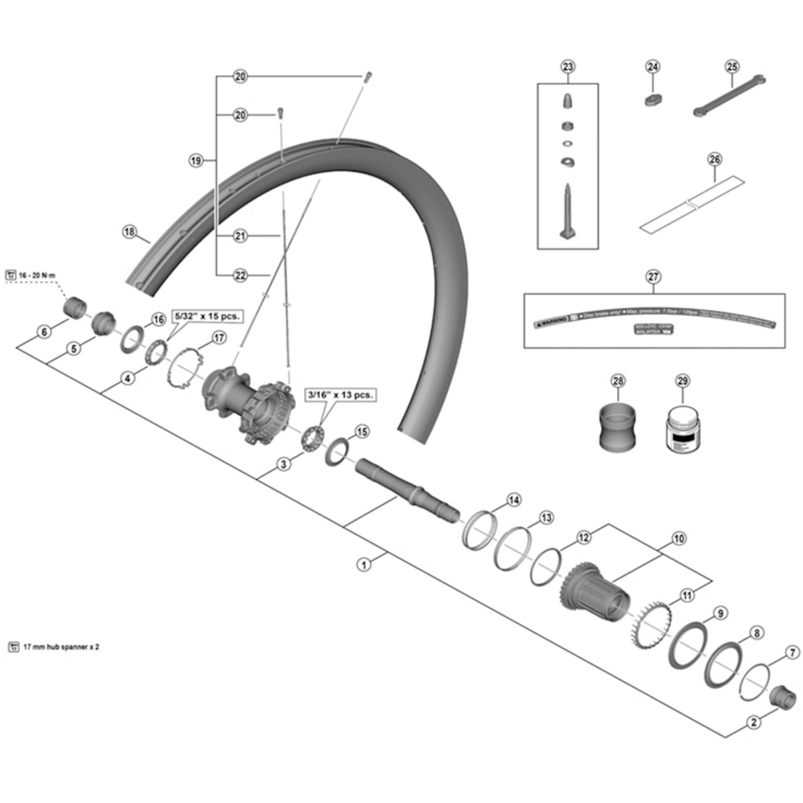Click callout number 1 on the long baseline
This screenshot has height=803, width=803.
click(x=364, y=565)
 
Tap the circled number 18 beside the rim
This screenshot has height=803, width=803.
click(x=130, y=232)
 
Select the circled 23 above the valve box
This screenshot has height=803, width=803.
click(x=568, y=67)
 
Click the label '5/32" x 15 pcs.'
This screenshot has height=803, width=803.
click(x=208, y=316)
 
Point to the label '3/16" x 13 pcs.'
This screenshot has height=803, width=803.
click(x=340, y=395)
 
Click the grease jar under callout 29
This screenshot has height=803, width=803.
click(x=683, y=434)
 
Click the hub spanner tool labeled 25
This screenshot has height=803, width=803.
click(x=730, y=96)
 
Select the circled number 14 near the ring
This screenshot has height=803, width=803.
click(x=514, y=500)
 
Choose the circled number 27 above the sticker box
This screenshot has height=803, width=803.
click(x=653, y=276)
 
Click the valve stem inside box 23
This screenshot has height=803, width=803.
click(x=567, y=212)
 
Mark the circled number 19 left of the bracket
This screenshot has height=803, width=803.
click(x=196, y=160)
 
